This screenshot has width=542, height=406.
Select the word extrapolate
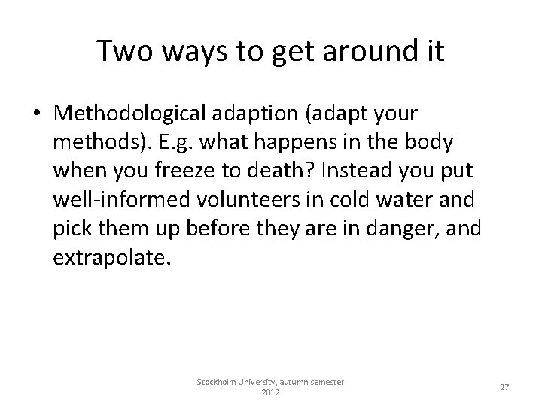111,258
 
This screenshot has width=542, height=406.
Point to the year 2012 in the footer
270,393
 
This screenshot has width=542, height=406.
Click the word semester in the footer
322,383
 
